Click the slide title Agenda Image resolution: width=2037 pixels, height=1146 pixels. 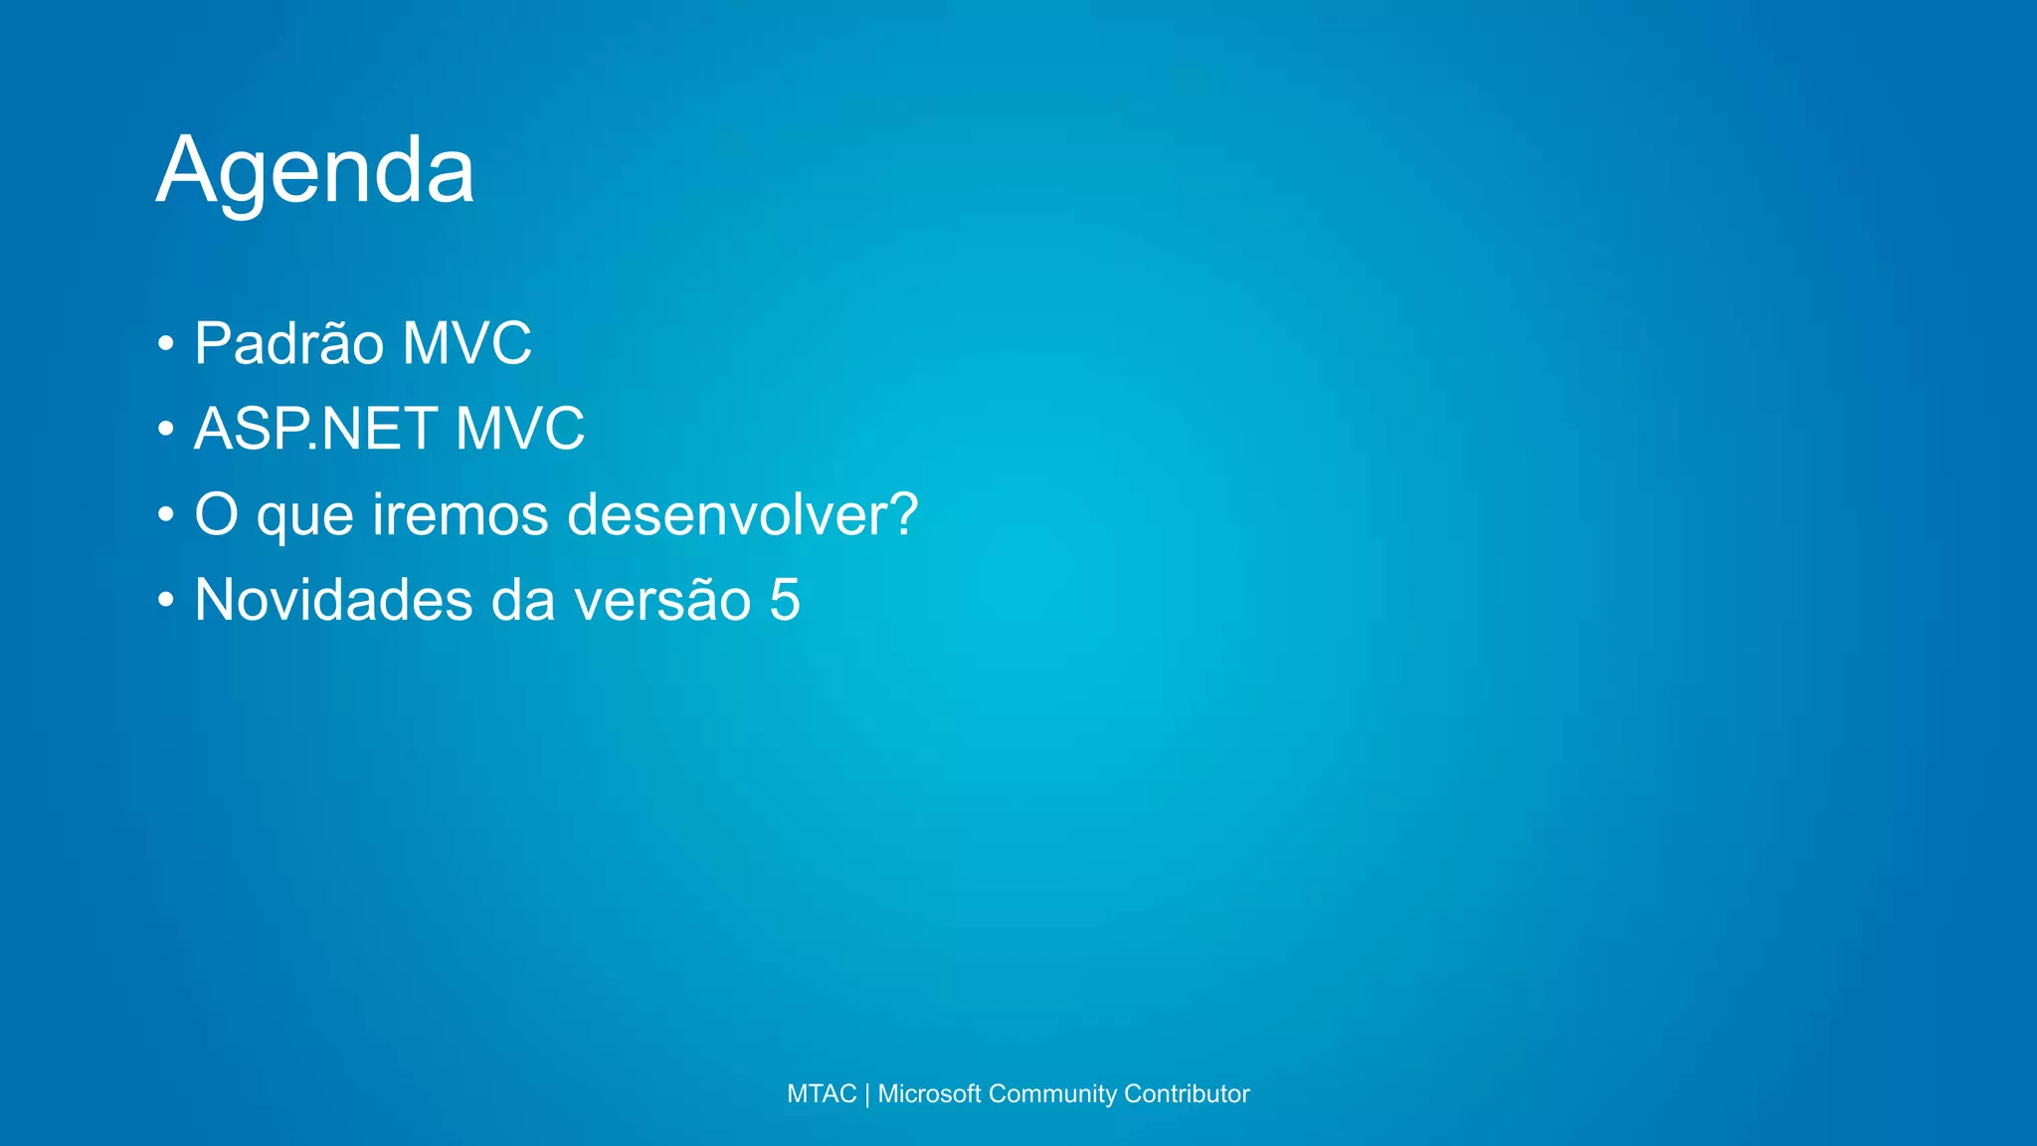[315, 171]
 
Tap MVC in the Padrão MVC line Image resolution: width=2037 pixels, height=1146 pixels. [466, 344]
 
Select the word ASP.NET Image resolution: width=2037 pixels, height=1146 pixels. [315, 429]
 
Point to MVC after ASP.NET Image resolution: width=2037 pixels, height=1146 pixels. [519, 429]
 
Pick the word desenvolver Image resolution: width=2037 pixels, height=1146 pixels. [723, 515]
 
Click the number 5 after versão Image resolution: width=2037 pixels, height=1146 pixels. [785, 600]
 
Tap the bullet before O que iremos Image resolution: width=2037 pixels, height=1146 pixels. [166, 516]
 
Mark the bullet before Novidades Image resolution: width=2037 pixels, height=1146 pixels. [166, 602]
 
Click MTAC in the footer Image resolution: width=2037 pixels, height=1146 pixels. [822, 1094]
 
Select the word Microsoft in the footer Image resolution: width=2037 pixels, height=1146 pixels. [929, 1094]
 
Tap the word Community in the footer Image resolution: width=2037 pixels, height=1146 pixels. [1052, 1094]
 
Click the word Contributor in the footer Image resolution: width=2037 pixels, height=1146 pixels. [1187, 1094]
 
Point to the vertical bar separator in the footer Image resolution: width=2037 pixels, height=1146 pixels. [867, 1094]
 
